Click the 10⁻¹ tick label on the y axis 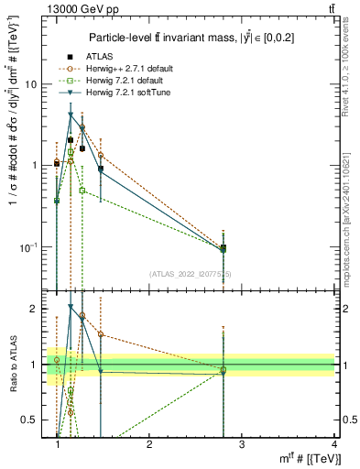click(29, 247)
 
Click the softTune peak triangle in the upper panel click(71, 115)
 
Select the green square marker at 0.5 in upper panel click(82, 191)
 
